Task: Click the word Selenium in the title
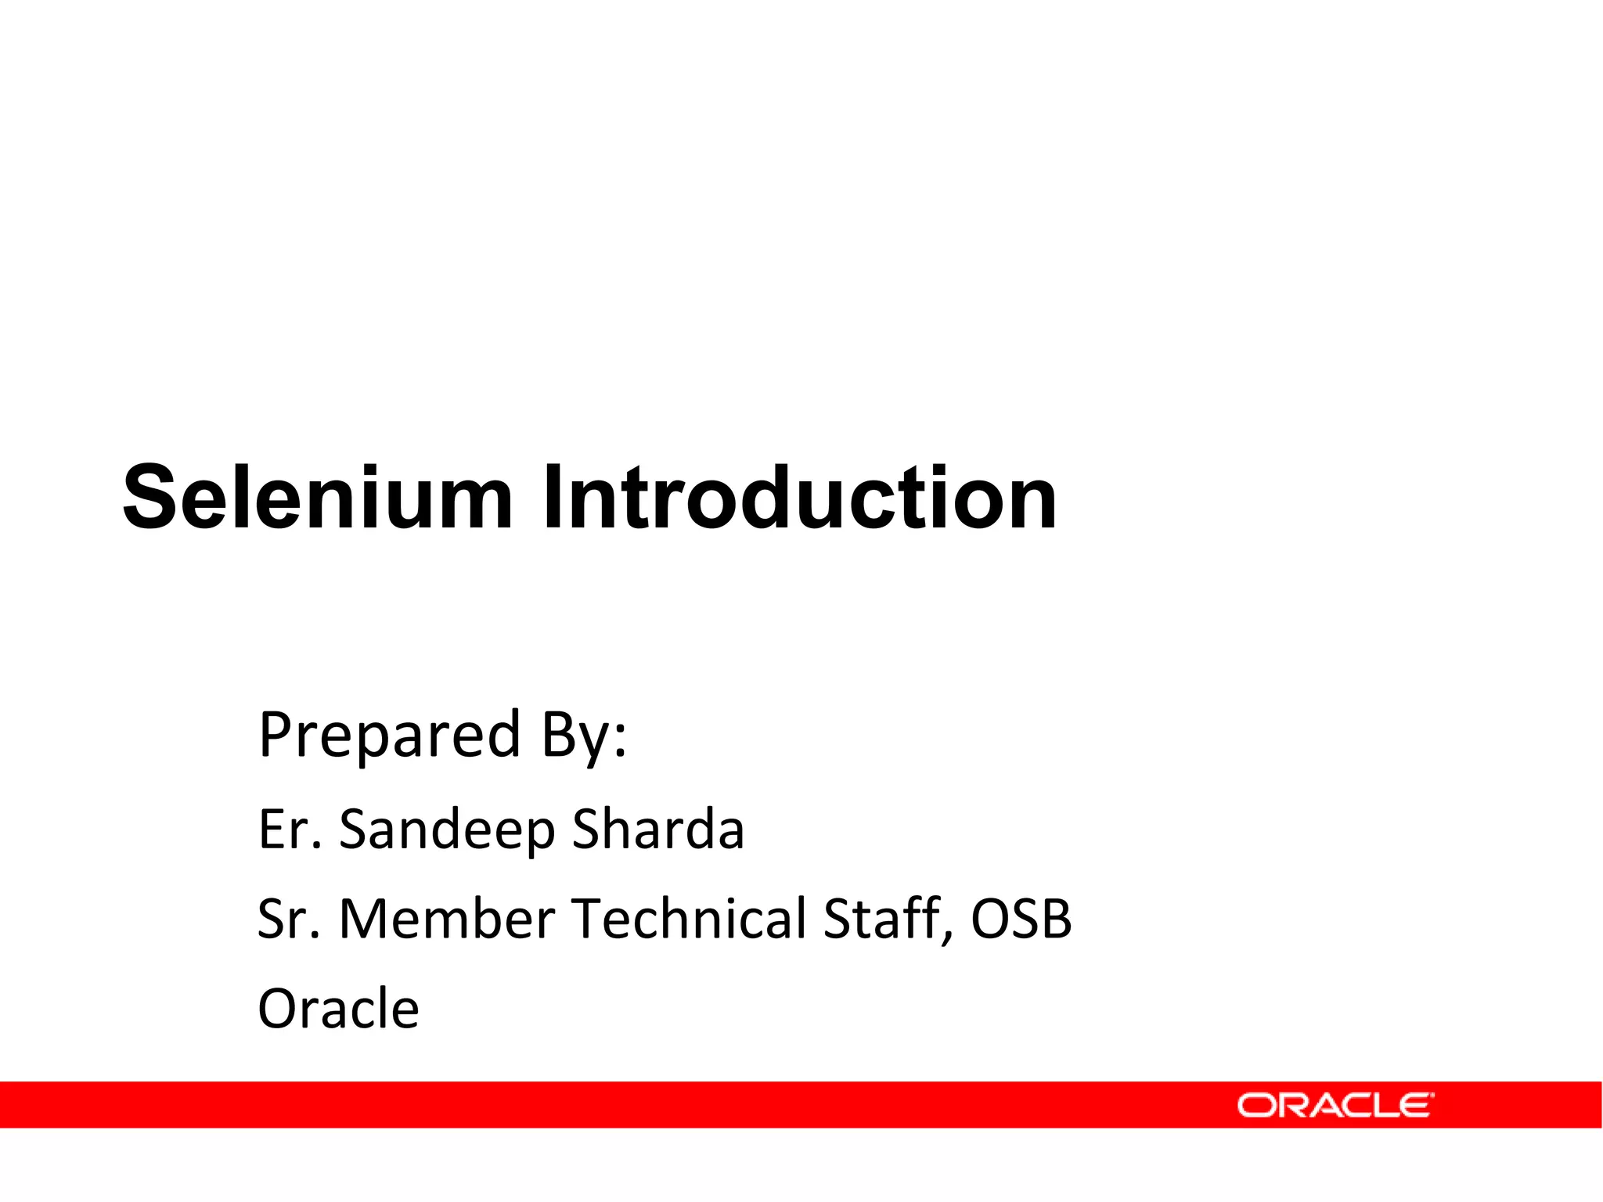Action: tap(317, 498)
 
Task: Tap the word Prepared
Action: tap(389, 735)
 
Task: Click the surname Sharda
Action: tap(658, 829)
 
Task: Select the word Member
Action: tap(446, 919)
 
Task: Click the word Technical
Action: tap(689, 919)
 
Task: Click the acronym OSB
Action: tap(1021, 919)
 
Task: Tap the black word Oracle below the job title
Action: tap(338, 1009)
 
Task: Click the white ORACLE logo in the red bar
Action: tap(1335, 1105)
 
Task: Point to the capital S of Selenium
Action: tap(153, 498)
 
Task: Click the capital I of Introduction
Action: tap(553, 498)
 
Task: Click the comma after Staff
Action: tap(949, 936)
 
